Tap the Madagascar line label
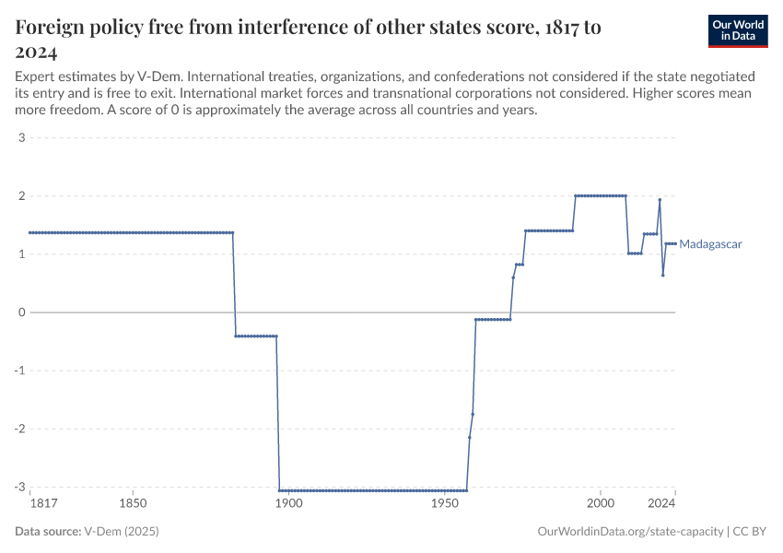coord(709,244)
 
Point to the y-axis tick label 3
coord(20,138)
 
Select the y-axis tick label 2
coord(20,196)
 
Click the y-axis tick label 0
coord(20,312)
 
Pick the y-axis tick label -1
coord(18,371)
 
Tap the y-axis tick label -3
coord(18,488)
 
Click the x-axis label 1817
coord(42,504)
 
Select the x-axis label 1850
coord(134,504)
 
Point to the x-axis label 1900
coord(289,504)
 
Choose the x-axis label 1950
coord(445,504)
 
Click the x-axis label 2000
coord(601,504)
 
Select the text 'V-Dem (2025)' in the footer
coord(116,532)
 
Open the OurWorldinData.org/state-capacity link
coord(630,532)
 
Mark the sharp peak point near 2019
coord(660,200)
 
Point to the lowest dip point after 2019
coord(662,275)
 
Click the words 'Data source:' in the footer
coord(48,532)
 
